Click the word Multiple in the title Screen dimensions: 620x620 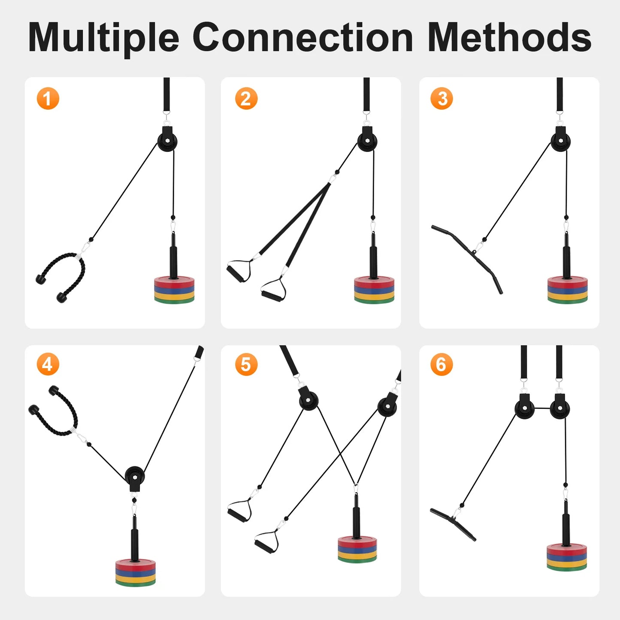point(103,38)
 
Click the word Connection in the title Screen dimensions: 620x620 point(302,38)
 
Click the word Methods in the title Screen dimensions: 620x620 point(509,38)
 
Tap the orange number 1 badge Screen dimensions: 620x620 point(48,99)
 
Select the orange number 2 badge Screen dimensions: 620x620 point(246,99)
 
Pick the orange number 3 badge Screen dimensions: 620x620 point(442,99)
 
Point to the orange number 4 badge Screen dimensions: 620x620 point(48,364)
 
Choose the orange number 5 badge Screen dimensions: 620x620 point(246,364)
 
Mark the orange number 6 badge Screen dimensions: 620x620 point(442,364)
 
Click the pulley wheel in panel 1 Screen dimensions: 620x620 point(167,141)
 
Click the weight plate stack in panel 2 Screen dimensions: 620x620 point(374,290)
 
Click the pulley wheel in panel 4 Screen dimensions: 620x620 point(135,476)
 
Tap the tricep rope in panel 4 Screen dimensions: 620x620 point(58,412)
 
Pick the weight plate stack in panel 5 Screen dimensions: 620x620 point(357,549)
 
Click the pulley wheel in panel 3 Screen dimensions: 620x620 point(560,141)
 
